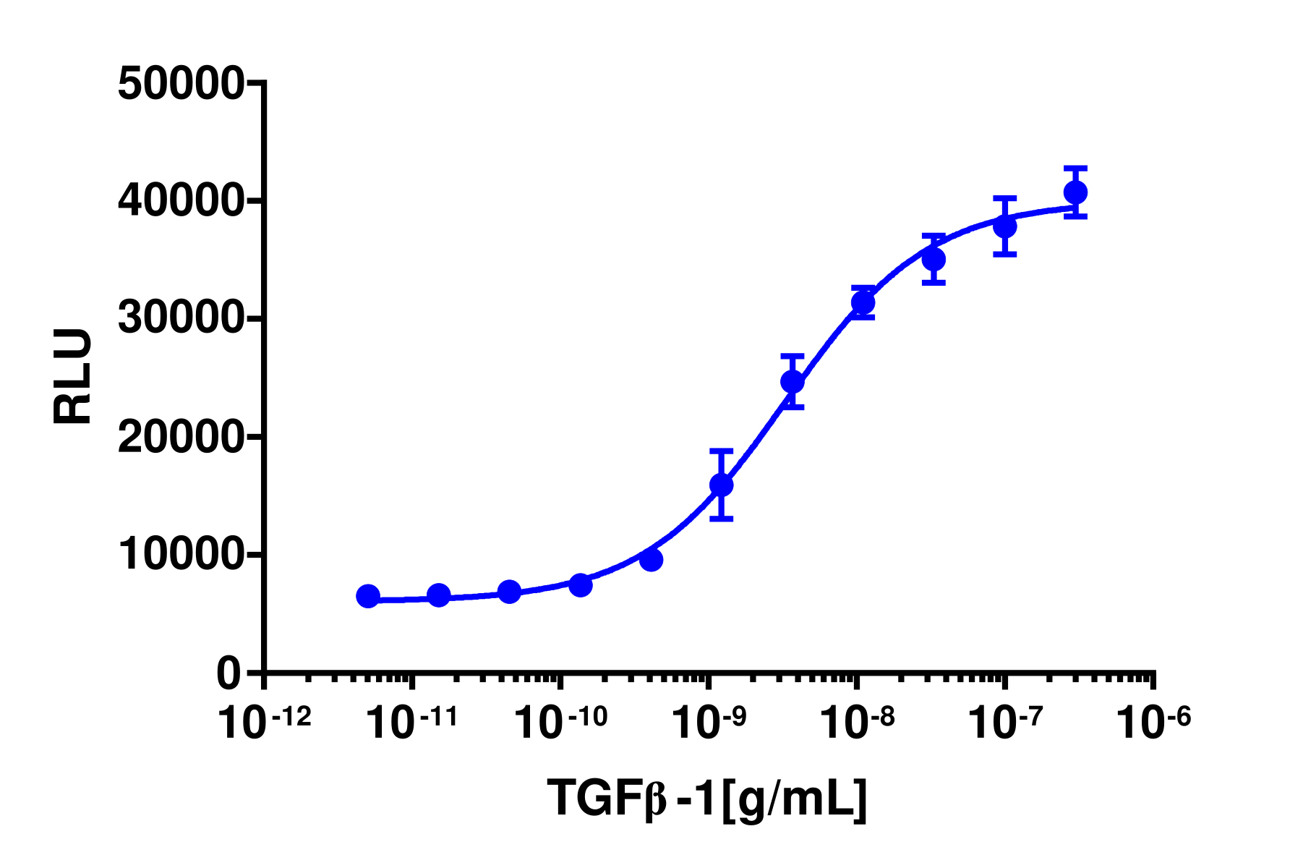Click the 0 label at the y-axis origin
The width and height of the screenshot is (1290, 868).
[228, 673]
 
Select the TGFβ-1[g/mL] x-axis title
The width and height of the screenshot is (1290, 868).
[707, 799]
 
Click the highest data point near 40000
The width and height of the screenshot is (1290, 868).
[1075, 192]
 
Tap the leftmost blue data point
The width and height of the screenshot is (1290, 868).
[368, 596]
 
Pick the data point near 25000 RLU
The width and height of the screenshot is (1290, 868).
[793, 381]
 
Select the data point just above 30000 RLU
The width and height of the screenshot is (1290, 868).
[863, 302]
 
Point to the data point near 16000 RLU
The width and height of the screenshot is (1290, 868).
[721, 485]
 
